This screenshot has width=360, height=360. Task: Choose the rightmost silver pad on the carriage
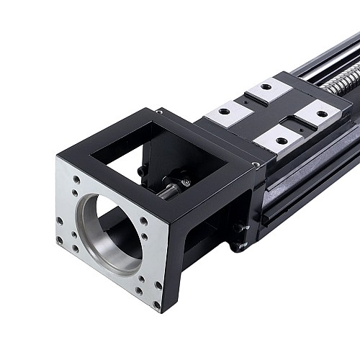(317, 114)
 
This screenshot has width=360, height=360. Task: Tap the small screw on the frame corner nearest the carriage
(256, 166)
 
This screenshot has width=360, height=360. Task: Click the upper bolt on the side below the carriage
(238, 228)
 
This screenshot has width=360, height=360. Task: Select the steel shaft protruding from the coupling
(166, 191)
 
